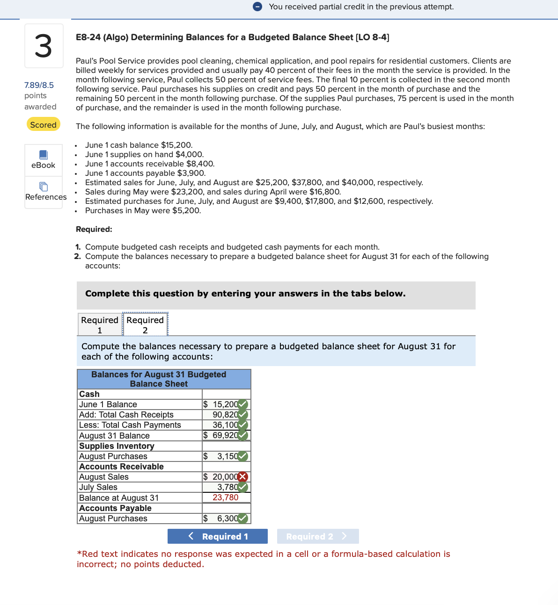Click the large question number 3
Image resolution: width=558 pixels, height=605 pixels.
(44, 46)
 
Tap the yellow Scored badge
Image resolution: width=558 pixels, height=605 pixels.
(43, 124)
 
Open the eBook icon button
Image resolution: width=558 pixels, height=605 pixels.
(44, 160)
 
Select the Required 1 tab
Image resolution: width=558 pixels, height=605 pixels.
(100, 324)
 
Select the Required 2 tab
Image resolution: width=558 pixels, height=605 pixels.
(145, 324)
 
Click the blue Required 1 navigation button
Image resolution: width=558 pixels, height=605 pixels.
(217, 536)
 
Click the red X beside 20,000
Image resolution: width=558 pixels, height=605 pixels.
(242, 477)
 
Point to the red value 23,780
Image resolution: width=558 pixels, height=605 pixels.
(225, 497)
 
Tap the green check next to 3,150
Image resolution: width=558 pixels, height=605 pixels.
(242, 456)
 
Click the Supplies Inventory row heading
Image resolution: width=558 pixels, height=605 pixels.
(117, 446)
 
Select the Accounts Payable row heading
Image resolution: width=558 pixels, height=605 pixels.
(115, 508)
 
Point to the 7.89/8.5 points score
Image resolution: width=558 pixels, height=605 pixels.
(39, 85)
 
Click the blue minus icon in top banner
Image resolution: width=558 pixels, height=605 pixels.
(257, 7)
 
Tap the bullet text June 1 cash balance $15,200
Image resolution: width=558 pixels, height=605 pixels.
(139, 145)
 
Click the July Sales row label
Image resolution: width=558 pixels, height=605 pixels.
(98, 487)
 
